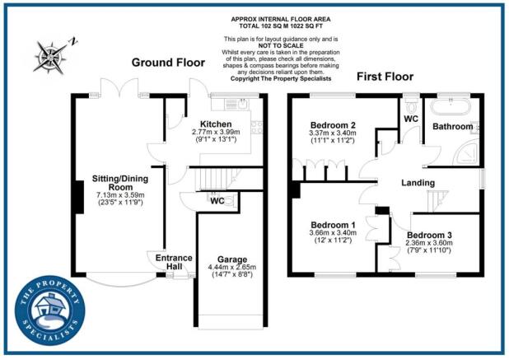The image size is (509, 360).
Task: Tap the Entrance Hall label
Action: click(x=174, y=263)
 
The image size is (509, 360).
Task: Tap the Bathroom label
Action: click(x=454, y=127)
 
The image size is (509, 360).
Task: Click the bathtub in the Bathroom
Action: click(x=451, y=108)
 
